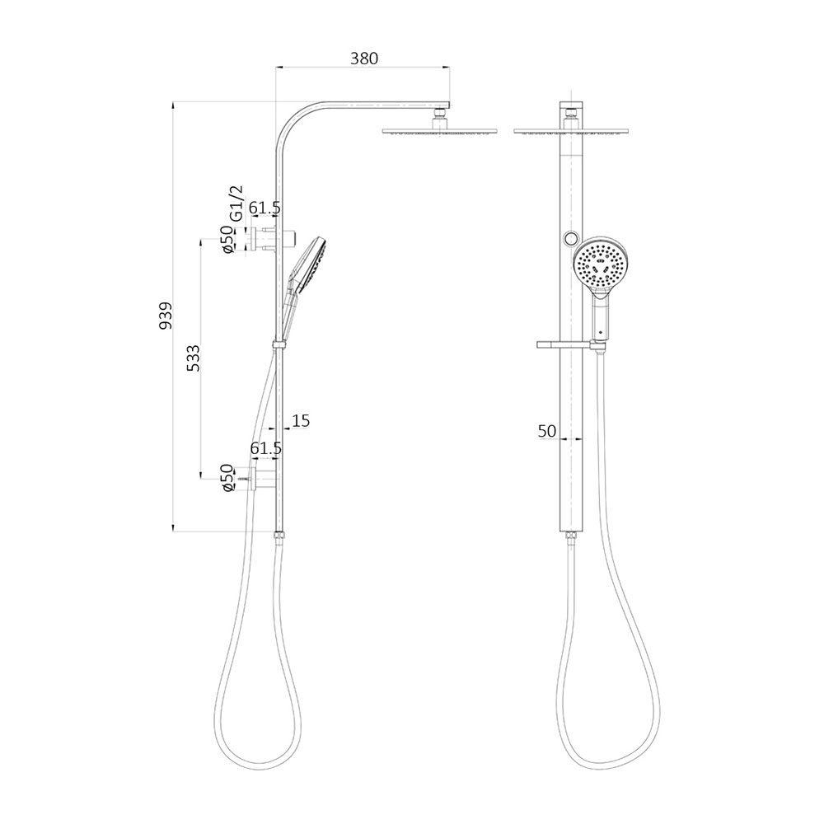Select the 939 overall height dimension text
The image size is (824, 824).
pyautogui.click(x=166, y=316)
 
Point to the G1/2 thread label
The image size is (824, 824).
pyautogui.click(x=236, y=201)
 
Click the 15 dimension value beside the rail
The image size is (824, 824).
pyautogui.click(x=300, y=421)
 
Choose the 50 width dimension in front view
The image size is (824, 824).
pyautogui.click(x=547, y=430)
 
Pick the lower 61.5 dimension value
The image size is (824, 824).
pyautogui.click(x=265, y=448)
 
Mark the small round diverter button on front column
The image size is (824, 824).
pyautogui.click(x=569, y=239)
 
